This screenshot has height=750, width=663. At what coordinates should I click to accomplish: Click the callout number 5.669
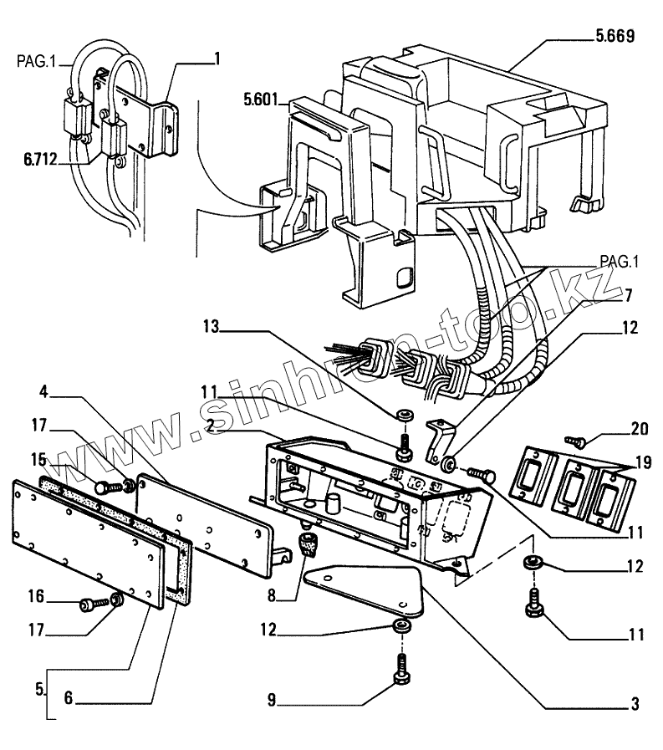pos(615,36)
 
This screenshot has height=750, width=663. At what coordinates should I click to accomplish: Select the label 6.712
pos(39,159)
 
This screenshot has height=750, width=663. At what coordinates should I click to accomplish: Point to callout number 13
pos(211,327)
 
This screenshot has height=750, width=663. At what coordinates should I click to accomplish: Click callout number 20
pos(640,429)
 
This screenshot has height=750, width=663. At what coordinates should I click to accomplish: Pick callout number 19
pos(644,462)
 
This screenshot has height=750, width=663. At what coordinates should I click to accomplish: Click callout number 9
pos(272,701)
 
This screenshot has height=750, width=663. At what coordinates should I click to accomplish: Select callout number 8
pos(272,596)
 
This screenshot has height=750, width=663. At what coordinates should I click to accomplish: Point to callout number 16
pos(36,596)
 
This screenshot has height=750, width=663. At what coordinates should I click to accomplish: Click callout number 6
pos(69,698)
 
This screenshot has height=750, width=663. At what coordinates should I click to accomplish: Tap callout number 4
pos(44,392)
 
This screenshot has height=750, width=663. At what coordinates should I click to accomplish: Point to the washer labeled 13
pos(405,414)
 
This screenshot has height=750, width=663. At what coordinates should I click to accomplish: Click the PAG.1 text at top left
pos(36,62)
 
